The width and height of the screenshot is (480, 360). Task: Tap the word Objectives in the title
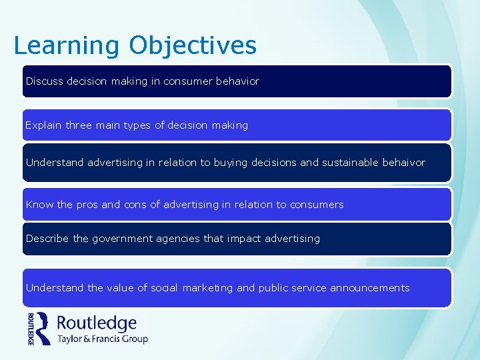click(x=193, y=45)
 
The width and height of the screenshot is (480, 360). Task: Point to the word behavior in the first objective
click(x=237, y=81)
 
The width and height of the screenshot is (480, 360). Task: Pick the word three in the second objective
click(x=79, y=125)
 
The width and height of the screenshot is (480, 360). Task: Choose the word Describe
click(x=47, y=238)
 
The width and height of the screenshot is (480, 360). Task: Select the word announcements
click(x=370, y=287)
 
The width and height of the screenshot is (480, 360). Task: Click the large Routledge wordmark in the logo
click(x=97, y=323)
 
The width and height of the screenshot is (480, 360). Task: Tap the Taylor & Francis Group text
click(x=102, y=339)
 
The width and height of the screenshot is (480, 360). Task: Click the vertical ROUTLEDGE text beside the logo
click(x=31, y=329)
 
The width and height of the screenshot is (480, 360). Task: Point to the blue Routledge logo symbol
click(x=44, y=328)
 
